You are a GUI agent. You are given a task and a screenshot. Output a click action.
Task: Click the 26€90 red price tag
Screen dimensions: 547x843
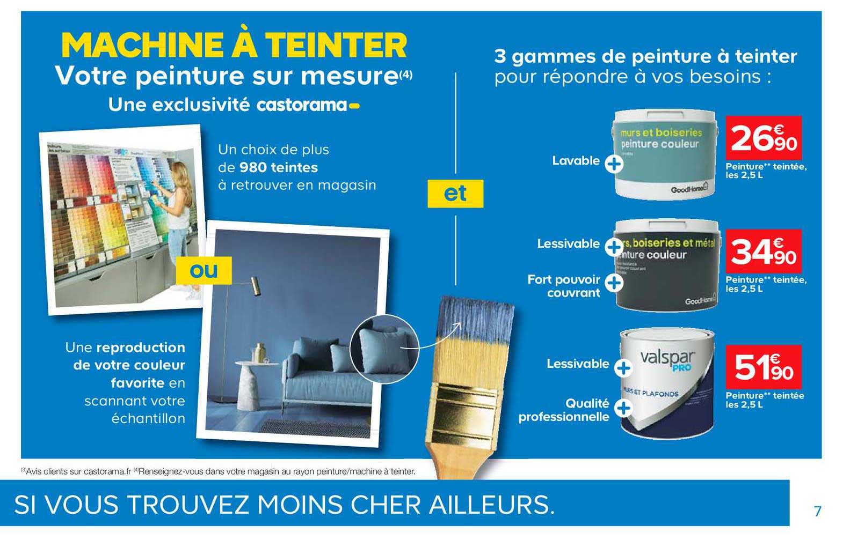click(x=763, y=138)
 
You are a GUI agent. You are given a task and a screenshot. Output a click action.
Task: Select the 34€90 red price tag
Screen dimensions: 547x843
click(x=763, y=251)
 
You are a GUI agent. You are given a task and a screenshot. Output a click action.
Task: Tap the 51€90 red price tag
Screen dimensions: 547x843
click(x=763, y=367)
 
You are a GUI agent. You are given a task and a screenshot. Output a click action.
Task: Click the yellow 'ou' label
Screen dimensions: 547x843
click(x=205, y=270)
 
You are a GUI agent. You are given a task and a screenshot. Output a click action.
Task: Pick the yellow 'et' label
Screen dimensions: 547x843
click(x=455, y=194)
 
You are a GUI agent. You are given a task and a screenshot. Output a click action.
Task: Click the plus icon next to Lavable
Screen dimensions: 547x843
click(x=614, y=164)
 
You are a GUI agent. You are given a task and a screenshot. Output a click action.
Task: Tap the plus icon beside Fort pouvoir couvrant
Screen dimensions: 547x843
click(x=614, y=282)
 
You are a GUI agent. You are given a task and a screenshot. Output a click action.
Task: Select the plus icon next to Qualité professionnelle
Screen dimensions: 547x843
click(x=623, y=409)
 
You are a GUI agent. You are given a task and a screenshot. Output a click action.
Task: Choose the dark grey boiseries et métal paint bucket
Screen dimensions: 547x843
click(x=667, y=265)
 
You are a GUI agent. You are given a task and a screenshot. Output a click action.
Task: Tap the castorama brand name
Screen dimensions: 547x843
click(x=302, y=105)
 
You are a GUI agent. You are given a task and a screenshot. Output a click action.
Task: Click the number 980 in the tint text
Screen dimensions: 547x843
click(x=252, y=167)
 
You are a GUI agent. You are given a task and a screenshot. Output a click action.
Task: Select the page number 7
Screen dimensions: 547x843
click(x=817, y=511)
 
